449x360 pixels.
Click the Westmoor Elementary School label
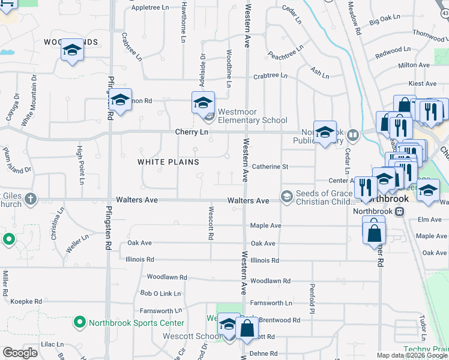pyautogui.click(x=252, y=116)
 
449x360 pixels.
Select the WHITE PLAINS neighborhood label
pyautogui.click(x=168, y=162)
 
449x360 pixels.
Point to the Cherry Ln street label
pyautogui.click(x=191, y=131)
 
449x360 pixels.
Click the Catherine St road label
pyautogui.click(x=270, y=166)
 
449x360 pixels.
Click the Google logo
pyautogui.click(x=20, y=353)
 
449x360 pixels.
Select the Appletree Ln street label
pyautogui.click(x=150, y=7)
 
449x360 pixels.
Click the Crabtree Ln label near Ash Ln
pyautogui.click(x=270, y=76)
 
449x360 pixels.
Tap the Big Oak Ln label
pyautogui.click(x=384, y=22)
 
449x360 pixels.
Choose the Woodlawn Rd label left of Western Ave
pyautogui.click(x=167, y=278)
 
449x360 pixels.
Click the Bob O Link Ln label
pyautogui.click(x=160, y=293)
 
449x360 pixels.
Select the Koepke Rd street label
pyautogui.click(x=25, y=301)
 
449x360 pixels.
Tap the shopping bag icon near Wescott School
pyautogui.click(x=247, y=328)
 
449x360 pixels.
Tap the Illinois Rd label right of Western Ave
pyautogui.click(x=265, y=260)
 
